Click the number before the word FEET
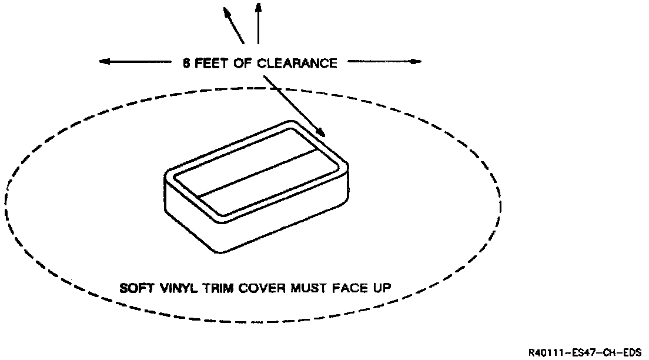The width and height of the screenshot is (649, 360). pyautogui.click(x=186, y=63)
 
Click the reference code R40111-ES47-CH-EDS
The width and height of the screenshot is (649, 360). pyautogui.click(x=584, y=352)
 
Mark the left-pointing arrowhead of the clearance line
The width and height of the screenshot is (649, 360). pyautogui.click(x=105, y=61)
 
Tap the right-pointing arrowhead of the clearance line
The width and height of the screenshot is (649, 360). pyautogui.click(x=416, y=61)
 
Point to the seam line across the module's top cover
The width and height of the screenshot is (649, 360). pyautogui.click(x=259, y=174)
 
